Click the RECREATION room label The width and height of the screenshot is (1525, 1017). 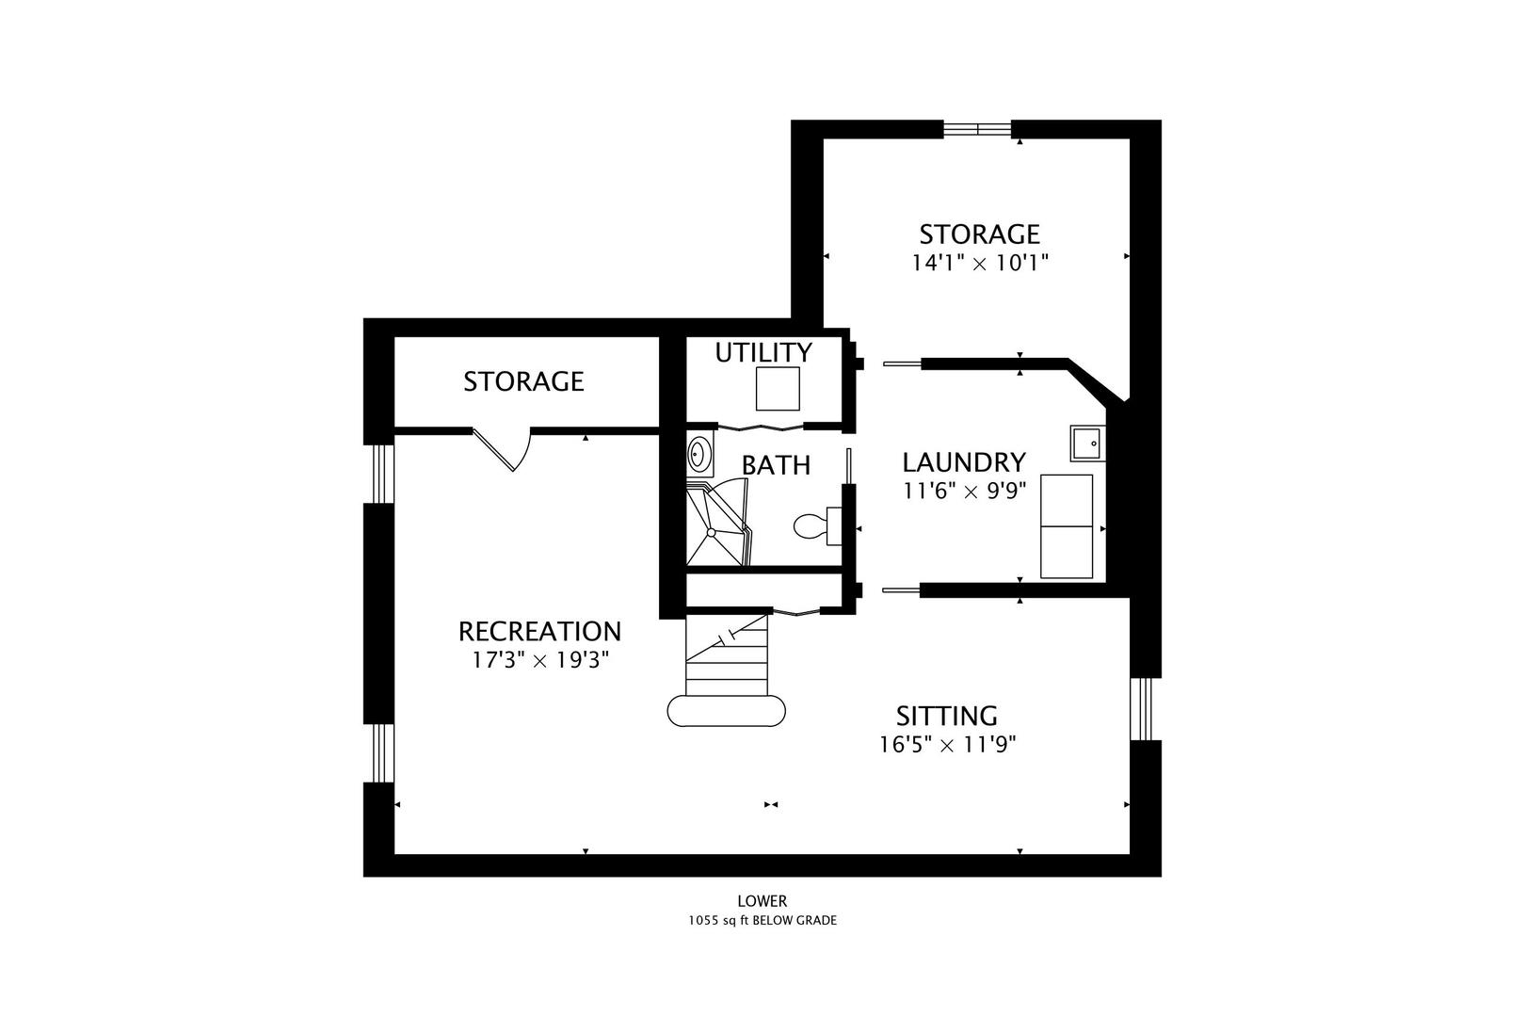pos(540,632)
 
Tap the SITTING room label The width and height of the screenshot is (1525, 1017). pos(946,716)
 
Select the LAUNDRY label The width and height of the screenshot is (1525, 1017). pos(964,462)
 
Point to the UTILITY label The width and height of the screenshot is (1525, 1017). pos(763,352)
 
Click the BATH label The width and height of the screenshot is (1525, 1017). pos(776,466)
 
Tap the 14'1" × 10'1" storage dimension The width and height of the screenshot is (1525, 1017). pos(980,263)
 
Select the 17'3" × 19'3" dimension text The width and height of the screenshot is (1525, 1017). pos(540,660)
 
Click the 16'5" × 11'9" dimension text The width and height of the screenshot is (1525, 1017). pos(947,745)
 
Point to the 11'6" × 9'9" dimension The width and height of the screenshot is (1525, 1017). pos(964,491)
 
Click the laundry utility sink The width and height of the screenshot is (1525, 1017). pos(1087,444)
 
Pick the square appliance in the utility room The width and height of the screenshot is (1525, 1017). pos(778,389)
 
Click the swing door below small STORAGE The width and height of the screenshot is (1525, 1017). pos(502,449)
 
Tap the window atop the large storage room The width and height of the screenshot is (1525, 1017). pos(978,129)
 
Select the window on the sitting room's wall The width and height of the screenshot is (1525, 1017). pos(1142,708)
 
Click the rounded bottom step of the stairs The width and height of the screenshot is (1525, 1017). pos(727,711)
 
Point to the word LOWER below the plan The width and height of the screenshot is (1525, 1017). pos(762,901)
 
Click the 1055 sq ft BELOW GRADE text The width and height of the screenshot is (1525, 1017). pos(762,921)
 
